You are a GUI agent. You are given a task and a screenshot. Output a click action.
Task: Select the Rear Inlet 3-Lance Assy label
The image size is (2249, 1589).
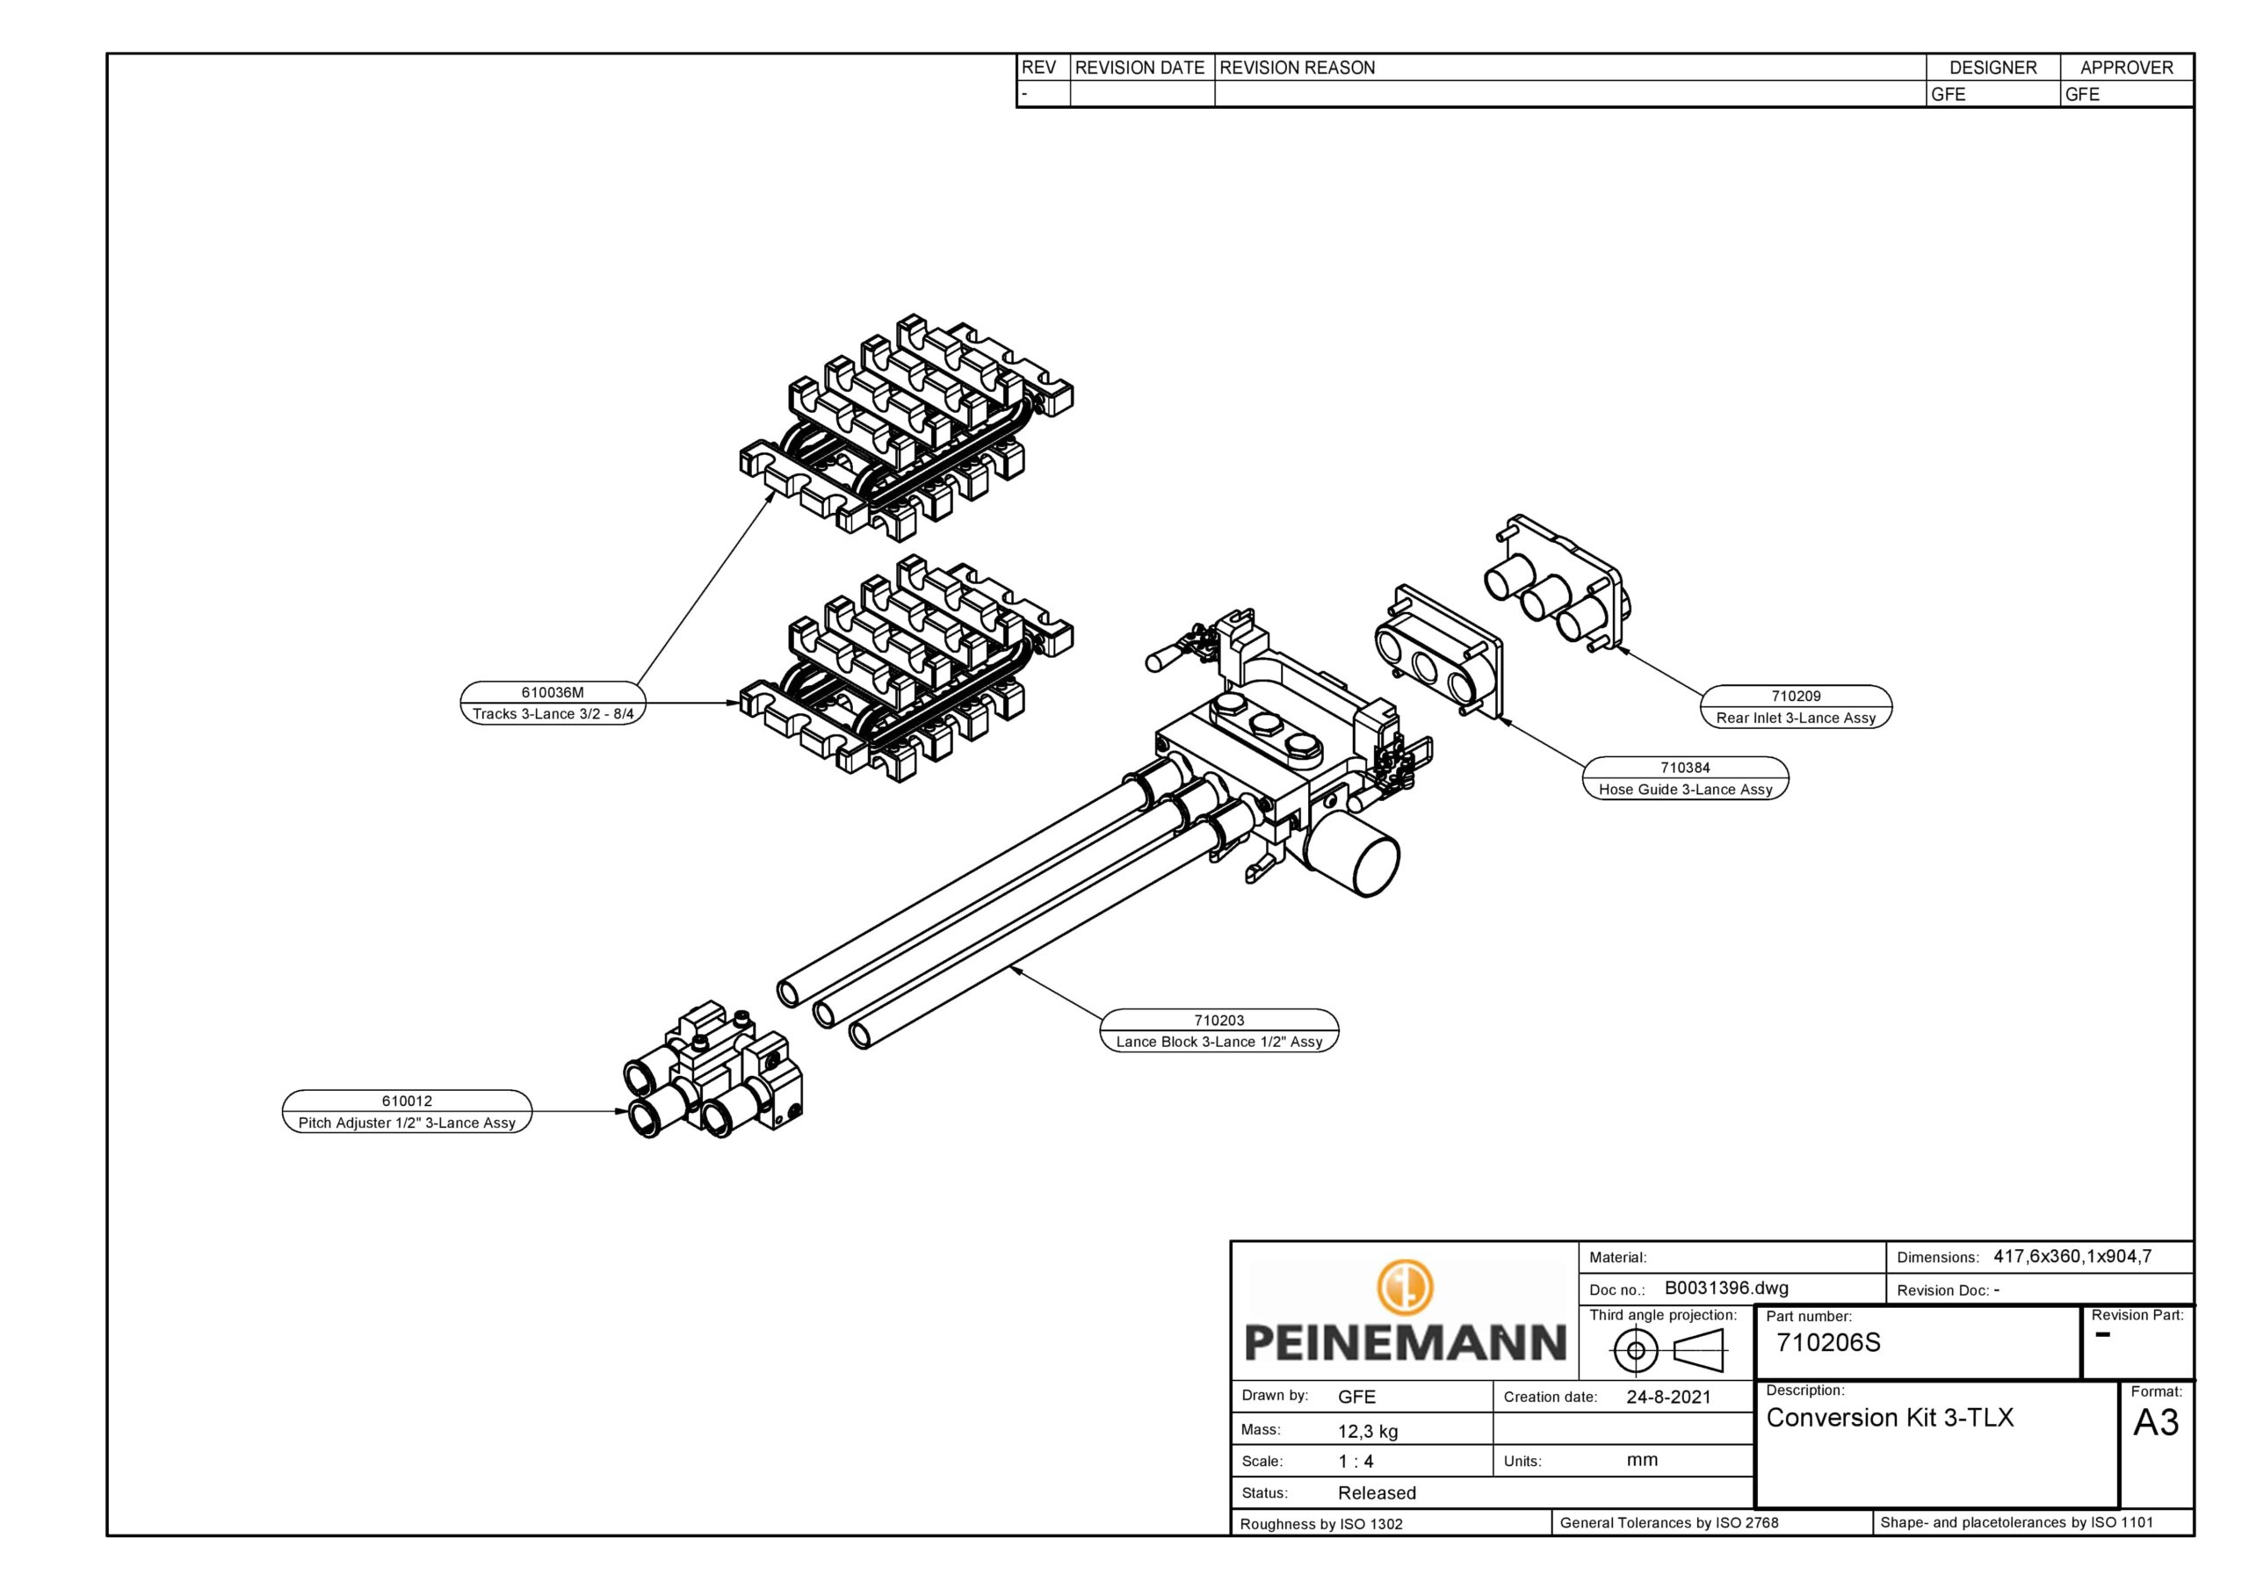pyautogui.click(x=1796, y=719)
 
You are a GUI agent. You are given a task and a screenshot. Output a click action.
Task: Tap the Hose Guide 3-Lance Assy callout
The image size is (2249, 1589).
pyautogui.click(x=1685, y=790)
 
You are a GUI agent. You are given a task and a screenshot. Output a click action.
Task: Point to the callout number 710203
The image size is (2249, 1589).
pyautogui.click(x=1219, y=1021)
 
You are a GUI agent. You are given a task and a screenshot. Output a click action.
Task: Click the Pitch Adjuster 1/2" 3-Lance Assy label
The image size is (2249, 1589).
pyautogui.click(x=407, y=1123)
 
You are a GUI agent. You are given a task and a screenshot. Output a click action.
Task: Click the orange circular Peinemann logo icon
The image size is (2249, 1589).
pyautogui.click(x=1405, y=1286)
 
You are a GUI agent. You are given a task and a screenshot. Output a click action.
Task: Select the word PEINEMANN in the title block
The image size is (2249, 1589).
pyautogui.click(x=1405, y=1342)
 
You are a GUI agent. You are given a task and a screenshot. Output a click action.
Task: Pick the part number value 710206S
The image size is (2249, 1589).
pyautogui.click(x=1828, y=1343)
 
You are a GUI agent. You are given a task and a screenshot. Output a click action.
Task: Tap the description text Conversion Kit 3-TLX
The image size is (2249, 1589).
pyautogui.click(x=1890, y=1418)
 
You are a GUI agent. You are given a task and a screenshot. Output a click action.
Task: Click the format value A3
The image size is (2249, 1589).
pyautogui.click(x=2155, y=1422)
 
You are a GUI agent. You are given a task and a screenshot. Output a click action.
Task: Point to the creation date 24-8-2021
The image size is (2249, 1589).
pyautogui.click(x=1668, y=1397)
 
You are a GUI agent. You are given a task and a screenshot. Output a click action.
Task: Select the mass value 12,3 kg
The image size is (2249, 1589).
pyautogui.click(x=1368, y=1431)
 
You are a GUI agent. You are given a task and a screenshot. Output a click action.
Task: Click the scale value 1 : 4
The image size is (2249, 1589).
pyautogui.click(x=1356, y=1462)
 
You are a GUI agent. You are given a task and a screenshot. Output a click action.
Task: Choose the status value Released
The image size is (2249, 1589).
pyautogui.click(x=1377, y=1493)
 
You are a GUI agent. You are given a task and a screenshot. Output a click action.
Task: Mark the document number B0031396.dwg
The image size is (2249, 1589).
pyautogui.click(x=1726, y=1289)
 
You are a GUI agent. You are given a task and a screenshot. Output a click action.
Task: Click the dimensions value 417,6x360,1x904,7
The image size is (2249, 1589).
pyautogui.click(x=2072, y=1257)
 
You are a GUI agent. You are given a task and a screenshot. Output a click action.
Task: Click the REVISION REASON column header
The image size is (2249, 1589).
pyautogui.click(x=1297, y=68)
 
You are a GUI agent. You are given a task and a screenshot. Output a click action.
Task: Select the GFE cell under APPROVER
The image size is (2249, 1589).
pyautogui.click(x=2081, y=95)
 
